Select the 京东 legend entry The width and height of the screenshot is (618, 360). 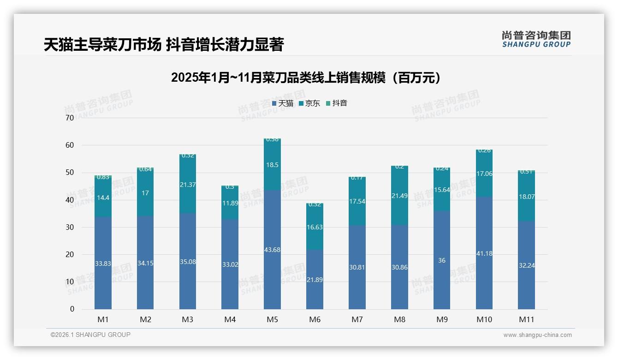click(309, 103)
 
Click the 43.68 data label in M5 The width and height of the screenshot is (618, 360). click(272, 250)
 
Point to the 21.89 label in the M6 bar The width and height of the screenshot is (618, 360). click(315, 293)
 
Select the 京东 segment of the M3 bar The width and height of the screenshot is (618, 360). click(188, 185)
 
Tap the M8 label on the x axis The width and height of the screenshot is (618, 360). click(399, 319)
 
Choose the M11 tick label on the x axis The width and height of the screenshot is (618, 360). click(526, 319)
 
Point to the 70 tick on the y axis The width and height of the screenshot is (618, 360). click(70, 118)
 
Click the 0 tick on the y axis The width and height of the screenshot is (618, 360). click(72, 309)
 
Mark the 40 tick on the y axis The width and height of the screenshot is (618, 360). click(70, 200)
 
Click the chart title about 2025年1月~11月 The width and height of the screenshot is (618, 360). click(306, 78)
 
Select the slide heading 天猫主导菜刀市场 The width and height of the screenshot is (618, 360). click(163, 45)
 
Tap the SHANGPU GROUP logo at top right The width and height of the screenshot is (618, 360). click(536, 39)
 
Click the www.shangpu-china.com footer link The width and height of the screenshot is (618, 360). click(537, 335)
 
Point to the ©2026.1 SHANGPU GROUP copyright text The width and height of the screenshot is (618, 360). click(90, 335)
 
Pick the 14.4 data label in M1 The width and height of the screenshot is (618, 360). click(103, 198)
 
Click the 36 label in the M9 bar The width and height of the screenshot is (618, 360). click(442, 260)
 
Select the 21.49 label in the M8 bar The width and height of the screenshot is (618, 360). click(399, 196)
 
